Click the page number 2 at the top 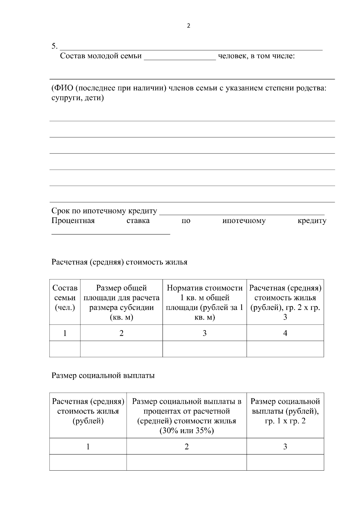(x=188, y=26)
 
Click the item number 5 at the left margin (x=54, y=46)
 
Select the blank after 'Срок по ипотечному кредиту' (x=241, y=212)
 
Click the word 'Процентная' (x=73, y=221)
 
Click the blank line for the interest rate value (x=111, y=232)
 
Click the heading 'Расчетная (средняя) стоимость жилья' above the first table (x=119, y=262)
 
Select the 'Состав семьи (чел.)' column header (x=65, y=298)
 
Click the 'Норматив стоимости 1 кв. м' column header (x=205, y=302)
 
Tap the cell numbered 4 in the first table (x=285, y=333)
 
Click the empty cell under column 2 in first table (x=121, y=349)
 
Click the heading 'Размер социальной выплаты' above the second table (x=103, y=376)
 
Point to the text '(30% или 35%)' (x=187, y=431)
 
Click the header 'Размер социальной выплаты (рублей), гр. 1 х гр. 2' (x=285, y=411)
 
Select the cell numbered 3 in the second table (x=285, y=447)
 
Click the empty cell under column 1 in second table (x=88, y=462)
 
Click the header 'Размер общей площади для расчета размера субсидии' (x=121, y=302)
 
